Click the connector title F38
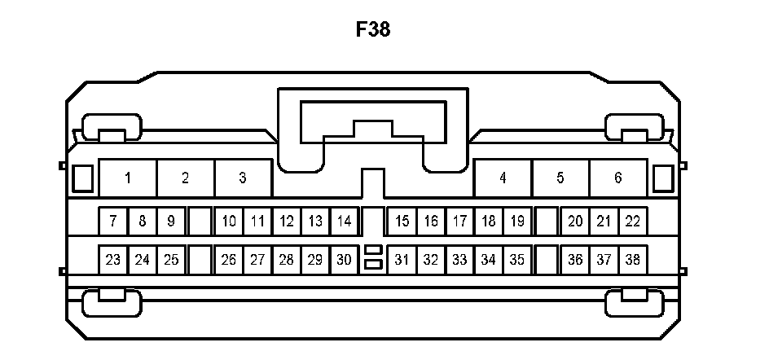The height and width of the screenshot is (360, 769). tap(373, 31)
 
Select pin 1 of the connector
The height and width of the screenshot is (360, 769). tap(128, 178)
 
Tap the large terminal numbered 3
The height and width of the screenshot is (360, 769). tap(243, 178)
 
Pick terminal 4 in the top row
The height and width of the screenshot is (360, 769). tap(503, 178)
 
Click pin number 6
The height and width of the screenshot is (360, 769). tap(617, 178)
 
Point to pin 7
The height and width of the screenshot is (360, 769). tap(113, 221)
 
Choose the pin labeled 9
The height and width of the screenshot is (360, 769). tap(171, 221)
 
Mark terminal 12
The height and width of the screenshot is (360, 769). tap(287, 221)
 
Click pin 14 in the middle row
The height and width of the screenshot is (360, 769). tap(345, 221)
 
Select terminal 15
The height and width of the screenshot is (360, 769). tap(402, 221)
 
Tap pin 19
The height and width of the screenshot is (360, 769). tap(517, 221)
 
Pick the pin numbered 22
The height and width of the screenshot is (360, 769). tap(633, 221)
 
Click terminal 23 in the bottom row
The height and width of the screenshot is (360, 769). tap(113, 261)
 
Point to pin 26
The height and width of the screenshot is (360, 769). tap(229, 261)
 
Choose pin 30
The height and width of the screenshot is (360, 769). tap(345, 261)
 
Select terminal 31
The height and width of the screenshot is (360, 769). tap(402, 261)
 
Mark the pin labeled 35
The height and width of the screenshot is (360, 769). tap(517, 261)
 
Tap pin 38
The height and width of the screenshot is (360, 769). tap(633, 261)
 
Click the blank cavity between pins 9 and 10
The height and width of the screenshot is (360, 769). tap(200, 221)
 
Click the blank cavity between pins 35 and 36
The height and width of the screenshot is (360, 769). tap(547, 261)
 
